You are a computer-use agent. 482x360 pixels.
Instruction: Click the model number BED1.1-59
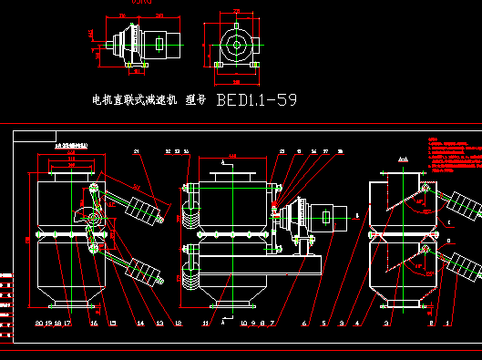tap(256, 99)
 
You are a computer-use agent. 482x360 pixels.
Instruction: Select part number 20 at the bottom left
tap(38, 323)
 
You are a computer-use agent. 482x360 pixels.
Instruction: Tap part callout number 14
tap(140, 323)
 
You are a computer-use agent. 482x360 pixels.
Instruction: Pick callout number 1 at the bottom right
tap(447, 323)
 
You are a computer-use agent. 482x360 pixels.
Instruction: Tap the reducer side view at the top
tap(141, 44)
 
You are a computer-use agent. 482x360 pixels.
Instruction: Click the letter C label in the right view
tap(447, 222)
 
